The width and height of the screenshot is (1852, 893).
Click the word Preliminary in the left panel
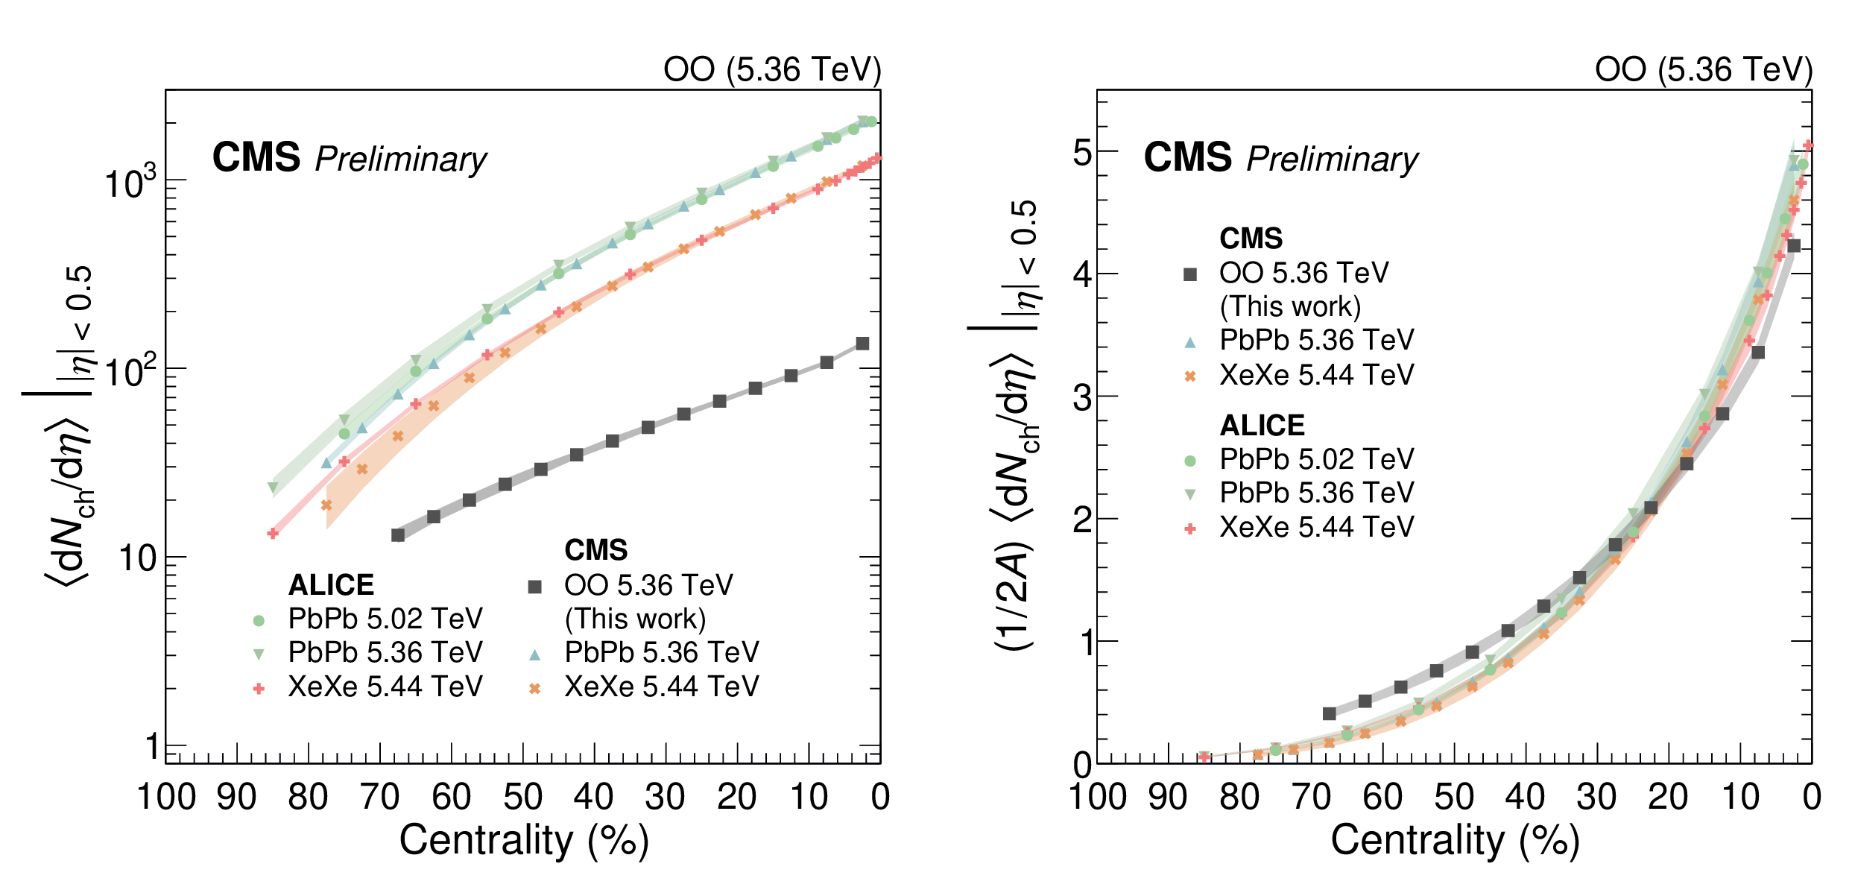coord(400,160)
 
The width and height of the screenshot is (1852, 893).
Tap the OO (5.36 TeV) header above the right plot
coord(1704,70)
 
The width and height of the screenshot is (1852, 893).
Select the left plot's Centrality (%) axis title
coord(524,841)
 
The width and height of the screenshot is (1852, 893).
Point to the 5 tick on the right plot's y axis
coord(1082,153)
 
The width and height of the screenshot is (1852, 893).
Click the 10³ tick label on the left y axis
coord(131,182)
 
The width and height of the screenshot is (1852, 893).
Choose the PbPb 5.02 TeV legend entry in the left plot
coord(385,619)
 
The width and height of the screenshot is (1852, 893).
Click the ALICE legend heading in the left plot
coord(331,585)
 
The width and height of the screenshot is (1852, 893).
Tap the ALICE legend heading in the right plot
coord(1262,425)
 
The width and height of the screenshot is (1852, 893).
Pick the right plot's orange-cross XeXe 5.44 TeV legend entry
coord(1316,375)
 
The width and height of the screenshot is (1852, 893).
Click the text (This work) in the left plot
coord(635,619)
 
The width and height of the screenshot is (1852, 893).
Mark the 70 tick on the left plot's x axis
coord(380,797)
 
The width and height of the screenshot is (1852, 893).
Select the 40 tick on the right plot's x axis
coord(1525,797)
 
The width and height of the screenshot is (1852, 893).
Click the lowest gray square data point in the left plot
coord(398,535)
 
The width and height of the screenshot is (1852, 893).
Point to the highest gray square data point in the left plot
coord(862,344)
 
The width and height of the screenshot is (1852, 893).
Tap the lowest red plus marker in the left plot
coord(273,533)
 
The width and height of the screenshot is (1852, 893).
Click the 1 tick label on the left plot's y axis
coord(152,746)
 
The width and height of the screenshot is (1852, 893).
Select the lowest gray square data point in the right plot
coord(1330,713)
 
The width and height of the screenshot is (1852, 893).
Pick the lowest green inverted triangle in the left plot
coord(273,488)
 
